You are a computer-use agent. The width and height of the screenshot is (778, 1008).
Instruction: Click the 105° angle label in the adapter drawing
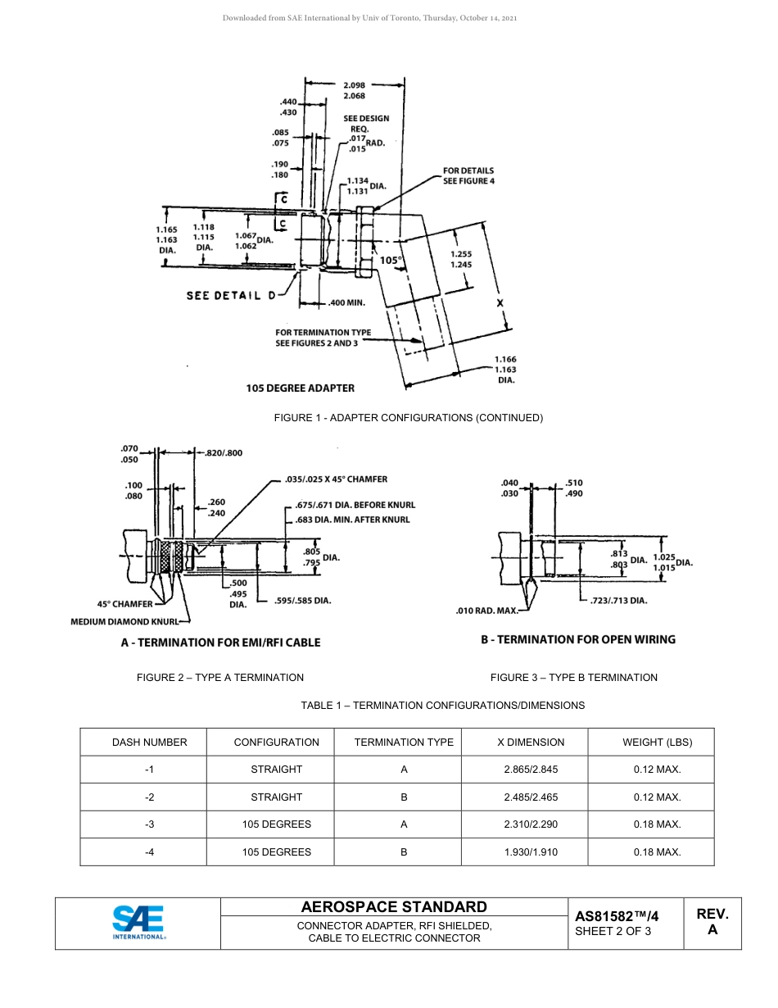click(391, 261)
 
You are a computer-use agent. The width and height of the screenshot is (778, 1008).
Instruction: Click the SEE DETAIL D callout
click(231, 296)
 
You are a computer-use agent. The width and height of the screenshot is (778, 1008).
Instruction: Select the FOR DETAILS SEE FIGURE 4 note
click(468, 175)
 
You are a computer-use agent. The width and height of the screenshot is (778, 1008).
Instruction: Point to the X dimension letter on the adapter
click(500, 302)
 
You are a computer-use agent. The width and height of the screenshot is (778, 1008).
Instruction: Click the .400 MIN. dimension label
click(346, 302)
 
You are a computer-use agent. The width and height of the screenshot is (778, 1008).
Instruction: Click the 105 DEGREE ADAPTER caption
click(300, 388)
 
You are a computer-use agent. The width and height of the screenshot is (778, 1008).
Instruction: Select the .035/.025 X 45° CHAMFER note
click(336, 479)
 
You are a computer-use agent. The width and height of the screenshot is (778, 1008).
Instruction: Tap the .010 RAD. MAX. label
click(486, 611)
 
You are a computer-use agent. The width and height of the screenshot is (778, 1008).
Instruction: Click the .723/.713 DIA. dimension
click(618, 601)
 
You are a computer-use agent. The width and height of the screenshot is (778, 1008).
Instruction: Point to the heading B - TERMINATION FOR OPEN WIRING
click(577, 639)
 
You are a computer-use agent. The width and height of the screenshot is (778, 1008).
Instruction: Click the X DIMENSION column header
click(531, 742)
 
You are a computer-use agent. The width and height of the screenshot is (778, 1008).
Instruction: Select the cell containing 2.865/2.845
click(531, 770)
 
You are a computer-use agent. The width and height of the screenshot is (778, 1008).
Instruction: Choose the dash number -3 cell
click(149, 824)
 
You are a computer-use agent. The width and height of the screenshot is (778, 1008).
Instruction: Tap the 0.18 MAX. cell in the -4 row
click(657, 852)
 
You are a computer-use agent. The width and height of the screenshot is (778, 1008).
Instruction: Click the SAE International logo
click(138, 923)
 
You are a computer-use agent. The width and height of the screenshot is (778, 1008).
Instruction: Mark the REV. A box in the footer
click(712, 922)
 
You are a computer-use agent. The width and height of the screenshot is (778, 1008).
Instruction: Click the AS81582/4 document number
click(617, 917)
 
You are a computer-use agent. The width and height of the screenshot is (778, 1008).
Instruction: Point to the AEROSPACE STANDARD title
click(394, 907)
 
